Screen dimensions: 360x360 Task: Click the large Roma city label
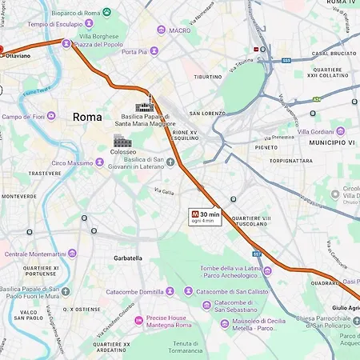(87, 117)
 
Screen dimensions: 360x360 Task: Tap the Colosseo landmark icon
(122, 142)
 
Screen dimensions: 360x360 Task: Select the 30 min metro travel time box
(204, 216)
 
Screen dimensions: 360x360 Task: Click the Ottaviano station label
(17, 56)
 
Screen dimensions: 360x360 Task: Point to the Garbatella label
(127, 258)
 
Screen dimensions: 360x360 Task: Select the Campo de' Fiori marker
(51, 116)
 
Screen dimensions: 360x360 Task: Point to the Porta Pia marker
(154, 51)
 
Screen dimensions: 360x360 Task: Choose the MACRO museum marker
(162, 30)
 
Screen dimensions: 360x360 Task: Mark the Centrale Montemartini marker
(72, 254)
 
